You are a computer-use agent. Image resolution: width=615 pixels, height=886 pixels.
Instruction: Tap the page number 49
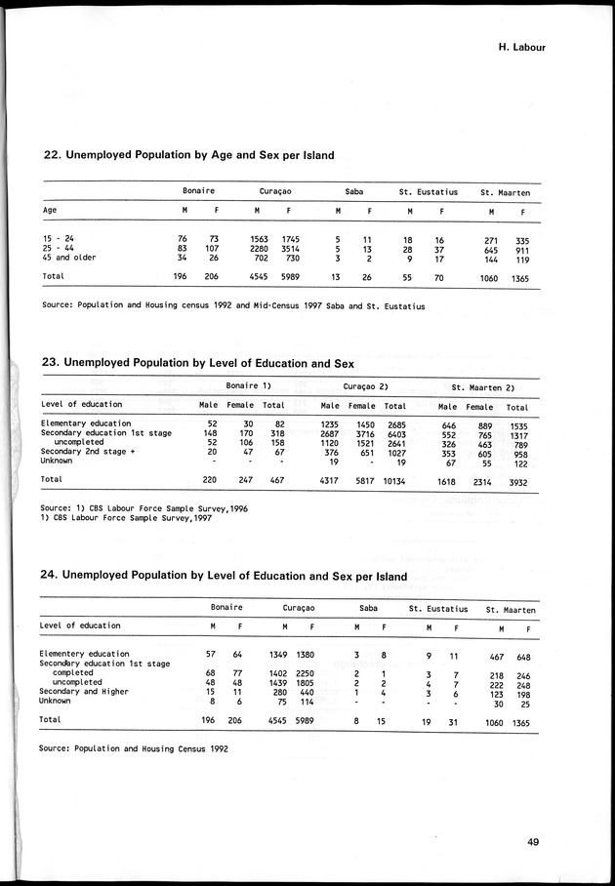[532, 843]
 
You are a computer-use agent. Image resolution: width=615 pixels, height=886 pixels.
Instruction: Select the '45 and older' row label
[68, 258]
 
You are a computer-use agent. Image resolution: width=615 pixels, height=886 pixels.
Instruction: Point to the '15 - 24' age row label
[60, 238]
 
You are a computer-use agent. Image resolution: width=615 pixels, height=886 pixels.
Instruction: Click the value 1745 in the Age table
[290, 238]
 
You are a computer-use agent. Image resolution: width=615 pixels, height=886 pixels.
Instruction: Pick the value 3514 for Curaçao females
[290, 248]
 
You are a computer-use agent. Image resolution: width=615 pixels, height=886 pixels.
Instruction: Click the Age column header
[50, 210]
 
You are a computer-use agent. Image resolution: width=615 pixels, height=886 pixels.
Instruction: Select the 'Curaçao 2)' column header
[367, 386]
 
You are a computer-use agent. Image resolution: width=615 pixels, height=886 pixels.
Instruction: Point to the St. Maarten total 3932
[516, 480]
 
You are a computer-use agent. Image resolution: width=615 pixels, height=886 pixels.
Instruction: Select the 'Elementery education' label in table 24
[84, 654]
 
